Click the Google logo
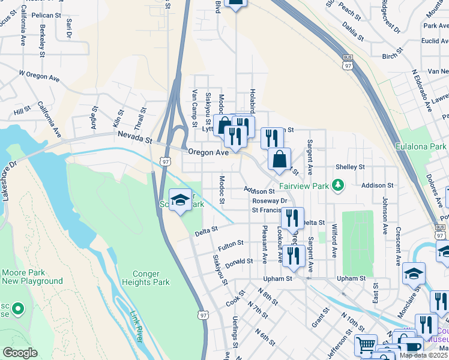20,353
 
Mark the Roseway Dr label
270,201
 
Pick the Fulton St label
231,245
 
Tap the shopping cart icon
365,345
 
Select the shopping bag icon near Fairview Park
279,160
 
